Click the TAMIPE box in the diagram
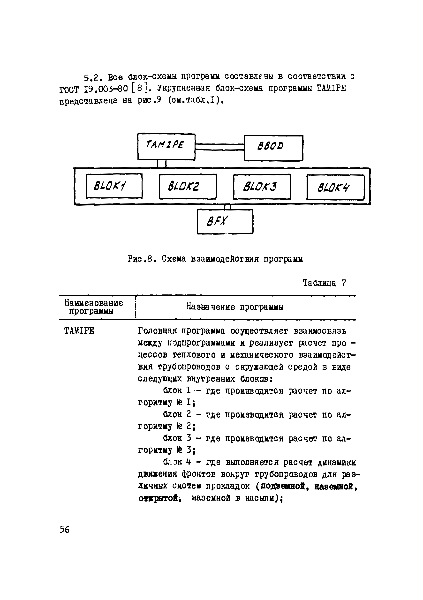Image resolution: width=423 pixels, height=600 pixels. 166,146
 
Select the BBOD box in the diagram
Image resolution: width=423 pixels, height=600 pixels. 273,148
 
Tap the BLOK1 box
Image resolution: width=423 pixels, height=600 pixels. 114,186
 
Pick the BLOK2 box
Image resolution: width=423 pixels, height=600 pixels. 188,186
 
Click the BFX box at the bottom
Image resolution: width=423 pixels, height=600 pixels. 225,221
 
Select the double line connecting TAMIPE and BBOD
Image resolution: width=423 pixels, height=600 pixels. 219,147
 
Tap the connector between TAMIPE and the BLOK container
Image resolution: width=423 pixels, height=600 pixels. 162,164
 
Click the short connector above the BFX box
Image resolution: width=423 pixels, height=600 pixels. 227,207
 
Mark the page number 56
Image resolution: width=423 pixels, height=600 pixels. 65,529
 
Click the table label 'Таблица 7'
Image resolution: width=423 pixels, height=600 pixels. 324,283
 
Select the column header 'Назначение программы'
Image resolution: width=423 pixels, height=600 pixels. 235,307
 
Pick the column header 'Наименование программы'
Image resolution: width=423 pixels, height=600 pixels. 94,307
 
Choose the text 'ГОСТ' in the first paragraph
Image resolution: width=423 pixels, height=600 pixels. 69,90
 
